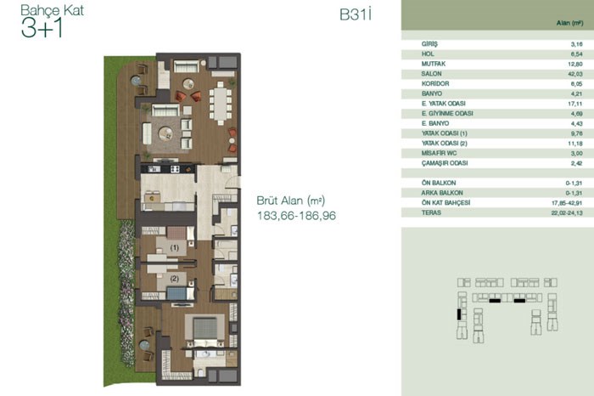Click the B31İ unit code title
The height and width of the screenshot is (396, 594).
point(356,14)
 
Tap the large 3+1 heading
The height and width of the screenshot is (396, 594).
point(42,28)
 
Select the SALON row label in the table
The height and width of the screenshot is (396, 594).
point(431,74)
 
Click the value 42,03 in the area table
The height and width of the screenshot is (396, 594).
point(575,74)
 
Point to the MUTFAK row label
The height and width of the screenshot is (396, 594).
point(434,64)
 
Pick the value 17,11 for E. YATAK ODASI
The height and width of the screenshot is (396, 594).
point(576,104)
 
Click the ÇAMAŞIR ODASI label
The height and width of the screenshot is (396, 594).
point(445,163)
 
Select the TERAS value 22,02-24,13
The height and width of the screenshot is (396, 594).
point(567,212)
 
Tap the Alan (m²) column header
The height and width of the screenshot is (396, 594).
point(569,23)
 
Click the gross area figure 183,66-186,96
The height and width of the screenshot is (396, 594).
point(296,216)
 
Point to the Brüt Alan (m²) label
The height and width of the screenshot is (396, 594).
point(290,201)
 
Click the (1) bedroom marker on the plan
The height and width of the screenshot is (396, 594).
point(174,247)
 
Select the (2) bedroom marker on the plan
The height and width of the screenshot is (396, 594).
point(174,279)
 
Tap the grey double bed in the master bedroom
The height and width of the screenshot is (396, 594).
point(205,330)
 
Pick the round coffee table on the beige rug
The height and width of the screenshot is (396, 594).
point(165,133)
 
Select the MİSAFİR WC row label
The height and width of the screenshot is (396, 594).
point(439,153)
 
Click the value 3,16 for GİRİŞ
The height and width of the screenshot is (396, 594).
point(577,44)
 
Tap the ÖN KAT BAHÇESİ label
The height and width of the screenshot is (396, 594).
point(445,202)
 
